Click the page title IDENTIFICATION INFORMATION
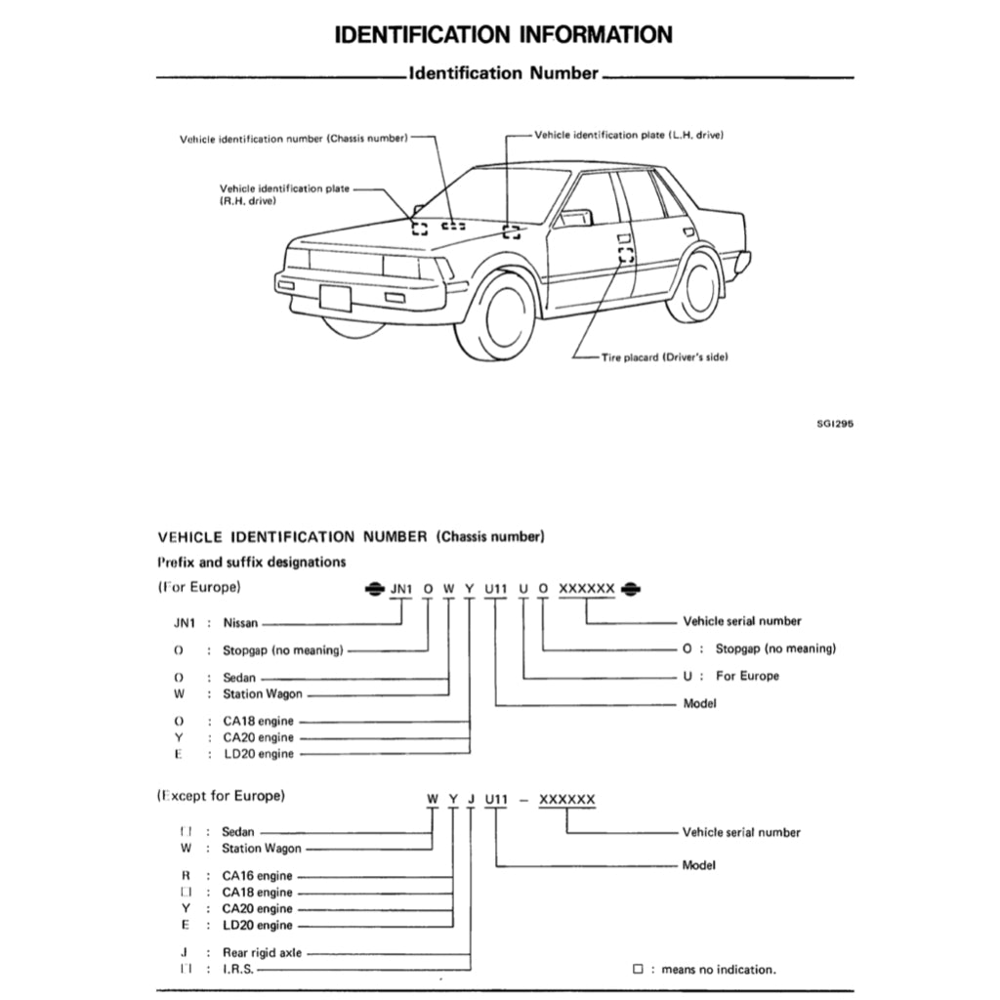503,35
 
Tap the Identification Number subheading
503,73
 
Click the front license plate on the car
335,297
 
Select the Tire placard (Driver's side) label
664,356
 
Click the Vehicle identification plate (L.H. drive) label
629,134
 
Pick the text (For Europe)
199,587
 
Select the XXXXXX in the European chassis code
586,588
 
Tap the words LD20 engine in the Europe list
258,754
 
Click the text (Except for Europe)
221,795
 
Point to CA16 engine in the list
257,876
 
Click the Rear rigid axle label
262,952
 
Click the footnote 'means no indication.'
718,970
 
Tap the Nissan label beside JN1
240,623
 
